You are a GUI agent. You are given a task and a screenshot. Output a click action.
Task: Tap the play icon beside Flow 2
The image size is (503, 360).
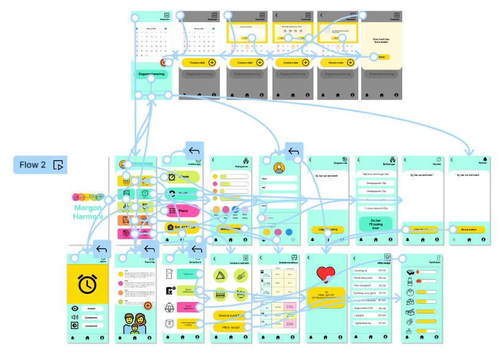(59, 165)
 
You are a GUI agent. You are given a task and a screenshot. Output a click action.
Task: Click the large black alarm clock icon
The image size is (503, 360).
(87, 284)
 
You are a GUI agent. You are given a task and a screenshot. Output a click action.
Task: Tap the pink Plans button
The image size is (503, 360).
(182, 211)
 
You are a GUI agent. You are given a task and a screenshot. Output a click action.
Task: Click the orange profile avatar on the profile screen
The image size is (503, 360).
(280, 168)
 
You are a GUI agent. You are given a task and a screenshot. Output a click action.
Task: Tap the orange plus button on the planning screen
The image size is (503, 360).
(148, 306)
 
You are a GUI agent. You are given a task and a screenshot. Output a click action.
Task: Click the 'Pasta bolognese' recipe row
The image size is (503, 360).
(372, 277)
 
